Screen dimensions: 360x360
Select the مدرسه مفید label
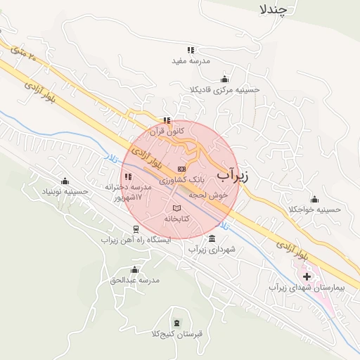[191, 60]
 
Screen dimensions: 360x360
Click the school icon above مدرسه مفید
[191, 50]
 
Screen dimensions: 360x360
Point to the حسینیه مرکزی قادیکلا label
[224, 89]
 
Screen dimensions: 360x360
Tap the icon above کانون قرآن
[167, 120]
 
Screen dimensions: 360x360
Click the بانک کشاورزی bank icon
[182, 169]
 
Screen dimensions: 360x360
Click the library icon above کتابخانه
[176, 208]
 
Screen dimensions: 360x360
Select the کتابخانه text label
[177, 219]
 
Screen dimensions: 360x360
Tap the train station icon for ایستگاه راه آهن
[136, 229]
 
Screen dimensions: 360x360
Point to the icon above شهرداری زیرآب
[213, 238]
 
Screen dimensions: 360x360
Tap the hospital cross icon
[307, 276]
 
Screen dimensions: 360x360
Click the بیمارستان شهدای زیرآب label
[298, 288]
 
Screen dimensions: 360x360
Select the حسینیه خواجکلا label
[314, 210]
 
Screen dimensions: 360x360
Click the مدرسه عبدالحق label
[135, 280]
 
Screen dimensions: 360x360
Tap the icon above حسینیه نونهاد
[65, 181]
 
